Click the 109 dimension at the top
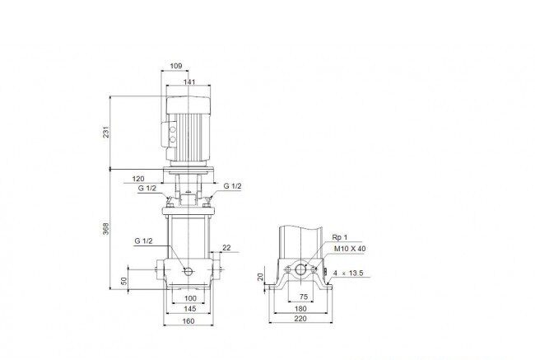point(176,66)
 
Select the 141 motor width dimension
point(189,82)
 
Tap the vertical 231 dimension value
point(106,132)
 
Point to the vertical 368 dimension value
point(106,228)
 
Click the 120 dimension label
point(138,179)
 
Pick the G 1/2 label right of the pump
point(232,186)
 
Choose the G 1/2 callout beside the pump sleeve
point(144,241)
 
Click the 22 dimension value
point(226,248)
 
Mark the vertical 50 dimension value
point(124,281)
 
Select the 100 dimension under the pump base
point(190,298)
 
